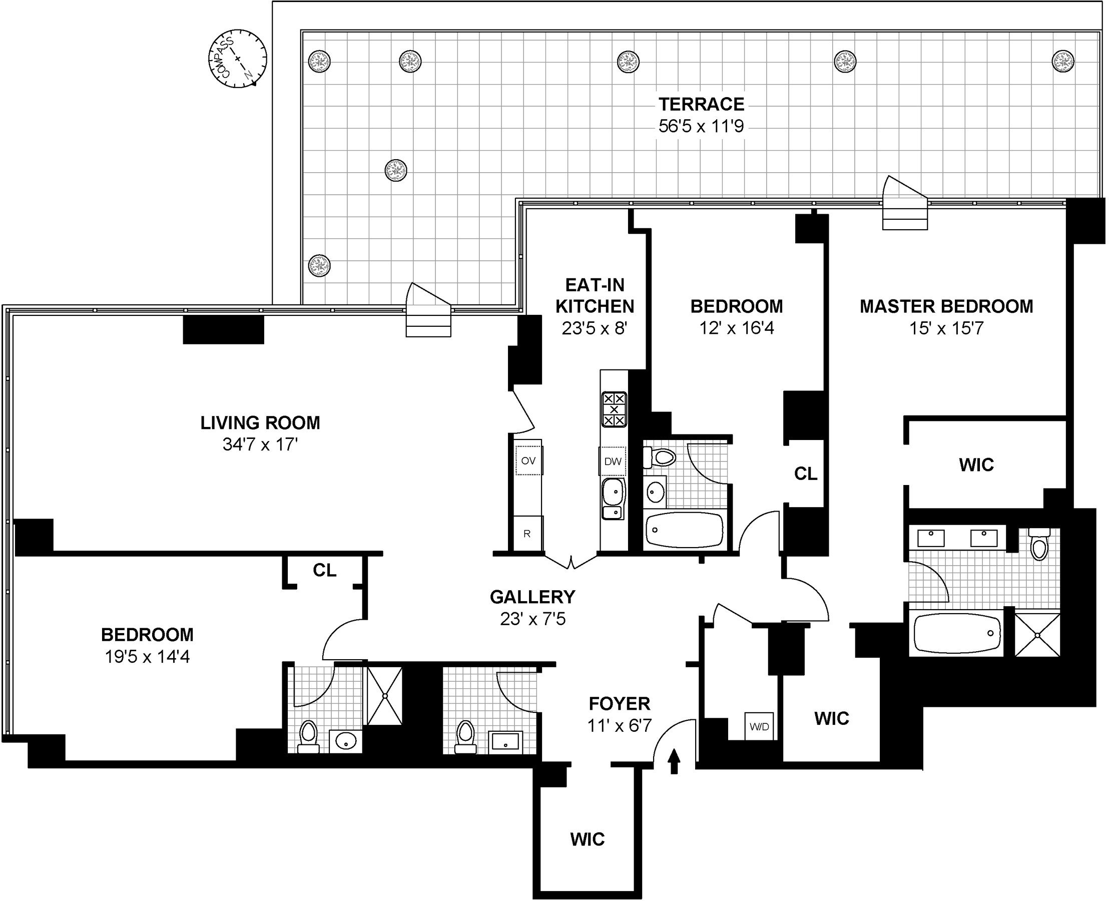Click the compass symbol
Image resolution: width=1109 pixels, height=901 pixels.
click(x=238, y=59)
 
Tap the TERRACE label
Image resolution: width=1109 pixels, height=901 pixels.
click(x=701, y=104)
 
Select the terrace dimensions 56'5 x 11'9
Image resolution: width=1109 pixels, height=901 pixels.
click(x=701, y=126)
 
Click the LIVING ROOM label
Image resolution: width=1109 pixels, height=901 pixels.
click(x=260, y=423)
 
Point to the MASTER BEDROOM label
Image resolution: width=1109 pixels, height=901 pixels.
click(x=946, y=306)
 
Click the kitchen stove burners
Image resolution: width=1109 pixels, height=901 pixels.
click(x=614, y=409)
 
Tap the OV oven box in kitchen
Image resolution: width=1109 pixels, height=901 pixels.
click(x=528, y=461)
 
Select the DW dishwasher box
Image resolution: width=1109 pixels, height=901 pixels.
click(x=613, y=461)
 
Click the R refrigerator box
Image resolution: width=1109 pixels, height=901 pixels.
click(x=527, y=534)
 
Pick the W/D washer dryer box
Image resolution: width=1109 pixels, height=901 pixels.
click(x=759, y=727)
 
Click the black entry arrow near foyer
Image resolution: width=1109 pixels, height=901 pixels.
click(x=674, y=761)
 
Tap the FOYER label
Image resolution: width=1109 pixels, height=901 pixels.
click(x=619, y=704)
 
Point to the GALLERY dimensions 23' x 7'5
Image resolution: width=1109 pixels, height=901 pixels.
click(x=533, y=619)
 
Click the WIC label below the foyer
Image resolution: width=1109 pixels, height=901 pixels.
click(x=588, y=839)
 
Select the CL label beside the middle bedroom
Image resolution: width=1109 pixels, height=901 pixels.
click(x=805, y=474)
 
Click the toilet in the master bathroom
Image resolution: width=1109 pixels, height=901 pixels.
click(x=1039, y=545)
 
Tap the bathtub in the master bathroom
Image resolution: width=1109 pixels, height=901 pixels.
click(x=957, y=633)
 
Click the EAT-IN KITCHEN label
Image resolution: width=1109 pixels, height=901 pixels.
click(x=595, y=296)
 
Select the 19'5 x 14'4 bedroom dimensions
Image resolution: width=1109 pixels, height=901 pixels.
click(x=147, y=657)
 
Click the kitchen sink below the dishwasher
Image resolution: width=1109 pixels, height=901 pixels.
click(x=613, y=498)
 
